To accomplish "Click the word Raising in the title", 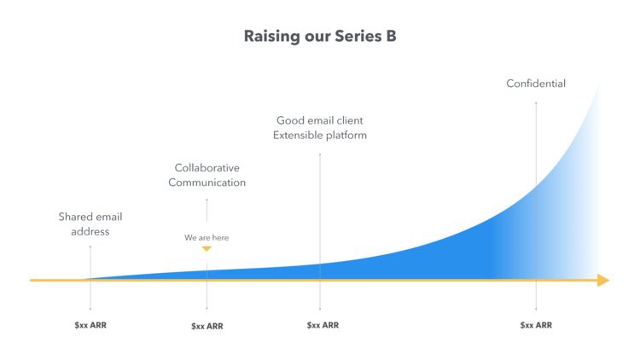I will (271, 37).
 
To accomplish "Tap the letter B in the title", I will (391, 37).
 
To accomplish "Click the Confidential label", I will (536, 84).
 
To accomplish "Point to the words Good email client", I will (320, 120).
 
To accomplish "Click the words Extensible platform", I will (320, 135).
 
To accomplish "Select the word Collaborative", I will (207, 168).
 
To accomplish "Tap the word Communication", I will (207, 183).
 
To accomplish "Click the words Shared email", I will (90, 217).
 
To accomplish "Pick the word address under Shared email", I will (90, 231).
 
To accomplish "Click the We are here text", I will (207, 237).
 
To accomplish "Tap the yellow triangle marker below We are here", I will (207, 249).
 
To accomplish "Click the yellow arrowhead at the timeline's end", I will (603, 280).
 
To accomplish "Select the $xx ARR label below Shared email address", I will (90, 325).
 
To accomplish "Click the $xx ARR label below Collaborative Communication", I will (207, 326).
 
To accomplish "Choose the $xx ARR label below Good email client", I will (323, 325).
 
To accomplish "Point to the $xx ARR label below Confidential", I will (536, 325).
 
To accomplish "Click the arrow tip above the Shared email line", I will (90, 246).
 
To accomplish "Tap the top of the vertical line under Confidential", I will (536, 102).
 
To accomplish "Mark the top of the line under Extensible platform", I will (320, 154).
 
